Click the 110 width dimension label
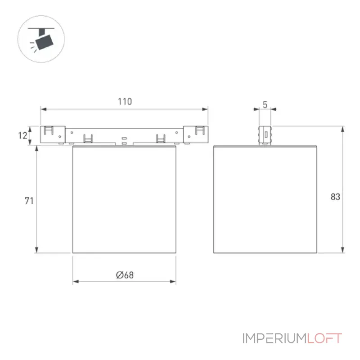(125, 102)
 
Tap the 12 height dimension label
(23, 135)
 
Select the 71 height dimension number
(29, 201)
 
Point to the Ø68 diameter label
(125, 275)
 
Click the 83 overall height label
(335, 197)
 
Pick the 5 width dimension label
(265, 105)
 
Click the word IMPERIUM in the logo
(274, 338)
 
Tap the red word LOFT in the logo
(324, 338)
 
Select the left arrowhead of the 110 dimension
(43, 109)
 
